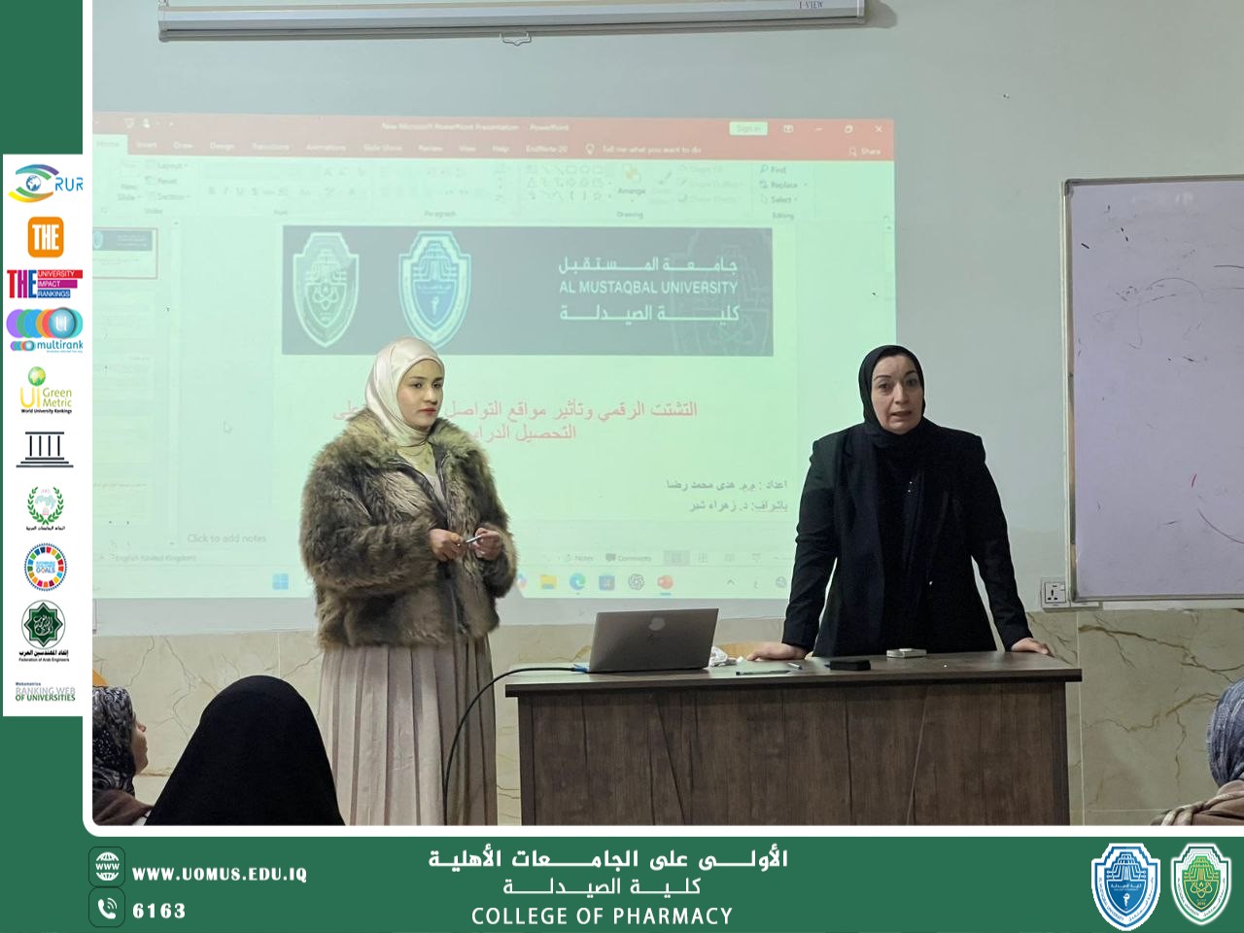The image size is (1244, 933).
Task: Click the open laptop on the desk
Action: point(653,639)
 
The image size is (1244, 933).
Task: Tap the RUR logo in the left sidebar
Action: point(45,183)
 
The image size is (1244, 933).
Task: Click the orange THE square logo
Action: point(45,236)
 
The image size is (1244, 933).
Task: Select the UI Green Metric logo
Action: point(45,390)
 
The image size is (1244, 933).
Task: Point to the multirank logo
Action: point(45,330)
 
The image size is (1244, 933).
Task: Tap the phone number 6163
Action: point(159,911)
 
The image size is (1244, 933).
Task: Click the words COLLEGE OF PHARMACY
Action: point(602,916)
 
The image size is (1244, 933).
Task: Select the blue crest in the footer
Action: point(1125,884)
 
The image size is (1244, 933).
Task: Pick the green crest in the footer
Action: point(1201,884)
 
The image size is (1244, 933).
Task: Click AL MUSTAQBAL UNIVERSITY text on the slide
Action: point(647,288)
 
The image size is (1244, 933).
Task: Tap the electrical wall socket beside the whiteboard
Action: point(1054,592)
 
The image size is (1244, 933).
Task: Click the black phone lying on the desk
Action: point(848,664)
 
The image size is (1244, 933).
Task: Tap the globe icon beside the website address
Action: point(107,866)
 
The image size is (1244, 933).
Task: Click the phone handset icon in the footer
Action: point(107,909)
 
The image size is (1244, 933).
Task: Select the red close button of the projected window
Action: point(879,128)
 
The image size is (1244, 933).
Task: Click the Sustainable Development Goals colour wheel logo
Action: point(45,567)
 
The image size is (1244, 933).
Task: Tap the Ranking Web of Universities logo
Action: point(45,693)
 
